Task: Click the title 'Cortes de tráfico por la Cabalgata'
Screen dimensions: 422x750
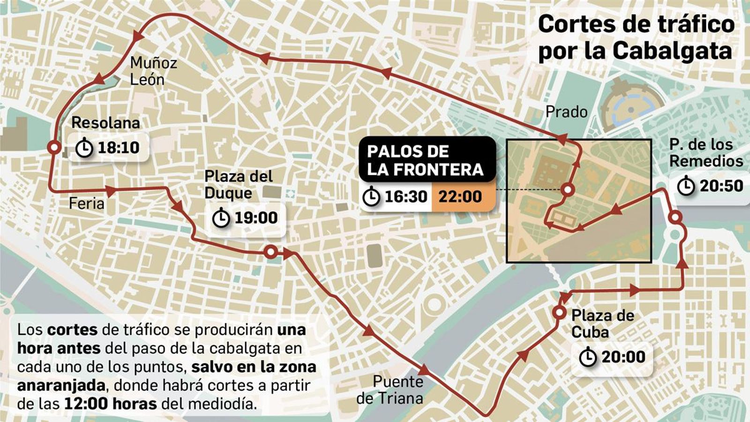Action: pos(636,37)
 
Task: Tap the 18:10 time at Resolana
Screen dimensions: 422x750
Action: pos(118,148)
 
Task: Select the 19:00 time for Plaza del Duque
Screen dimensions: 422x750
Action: pos(256,218)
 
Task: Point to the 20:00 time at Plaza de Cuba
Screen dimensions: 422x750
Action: pos(623,357)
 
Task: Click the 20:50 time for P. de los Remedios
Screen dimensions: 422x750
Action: pos(721,186)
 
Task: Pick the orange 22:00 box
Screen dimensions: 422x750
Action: pos(460,196)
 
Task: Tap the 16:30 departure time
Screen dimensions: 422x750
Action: pos(406,196)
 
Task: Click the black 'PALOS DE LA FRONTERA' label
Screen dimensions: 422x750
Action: pos(425,160)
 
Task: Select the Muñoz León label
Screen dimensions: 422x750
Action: pos(153,71)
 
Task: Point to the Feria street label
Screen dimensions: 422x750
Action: pos(86,203)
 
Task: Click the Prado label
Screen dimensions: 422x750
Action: pos(566,112)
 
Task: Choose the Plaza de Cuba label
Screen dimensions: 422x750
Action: pos(602,324)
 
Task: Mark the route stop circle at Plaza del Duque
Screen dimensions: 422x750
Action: pos(270,252)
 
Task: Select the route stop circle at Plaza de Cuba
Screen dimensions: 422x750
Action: pos(559,313)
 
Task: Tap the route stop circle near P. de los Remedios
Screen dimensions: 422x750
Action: pos(675,218)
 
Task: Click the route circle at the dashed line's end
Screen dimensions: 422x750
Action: pos(568,190)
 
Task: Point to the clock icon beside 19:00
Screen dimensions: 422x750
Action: pos(221,218)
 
